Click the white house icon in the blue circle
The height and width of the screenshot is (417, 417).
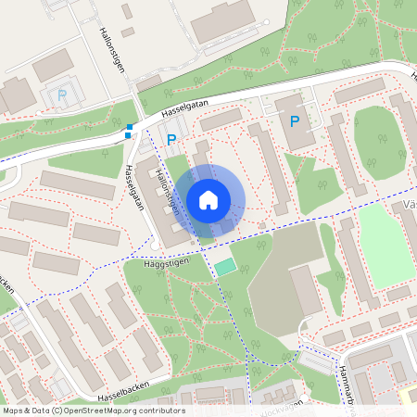point(208,199)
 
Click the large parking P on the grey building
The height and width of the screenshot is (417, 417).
point(296,121)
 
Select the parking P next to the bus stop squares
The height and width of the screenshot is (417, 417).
point(171,140)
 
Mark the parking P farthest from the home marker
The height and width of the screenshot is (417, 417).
point(61,95)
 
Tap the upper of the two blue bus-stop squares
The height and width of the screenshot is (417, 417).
point(130,127)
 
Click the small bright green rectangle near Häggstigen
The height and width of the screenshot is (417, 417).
point(225,267)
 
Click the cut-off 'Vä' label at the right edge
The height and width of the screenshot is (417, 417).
point(410,204)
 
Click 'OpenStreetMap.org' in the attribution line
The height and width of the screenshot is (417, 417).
point(103,411)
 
